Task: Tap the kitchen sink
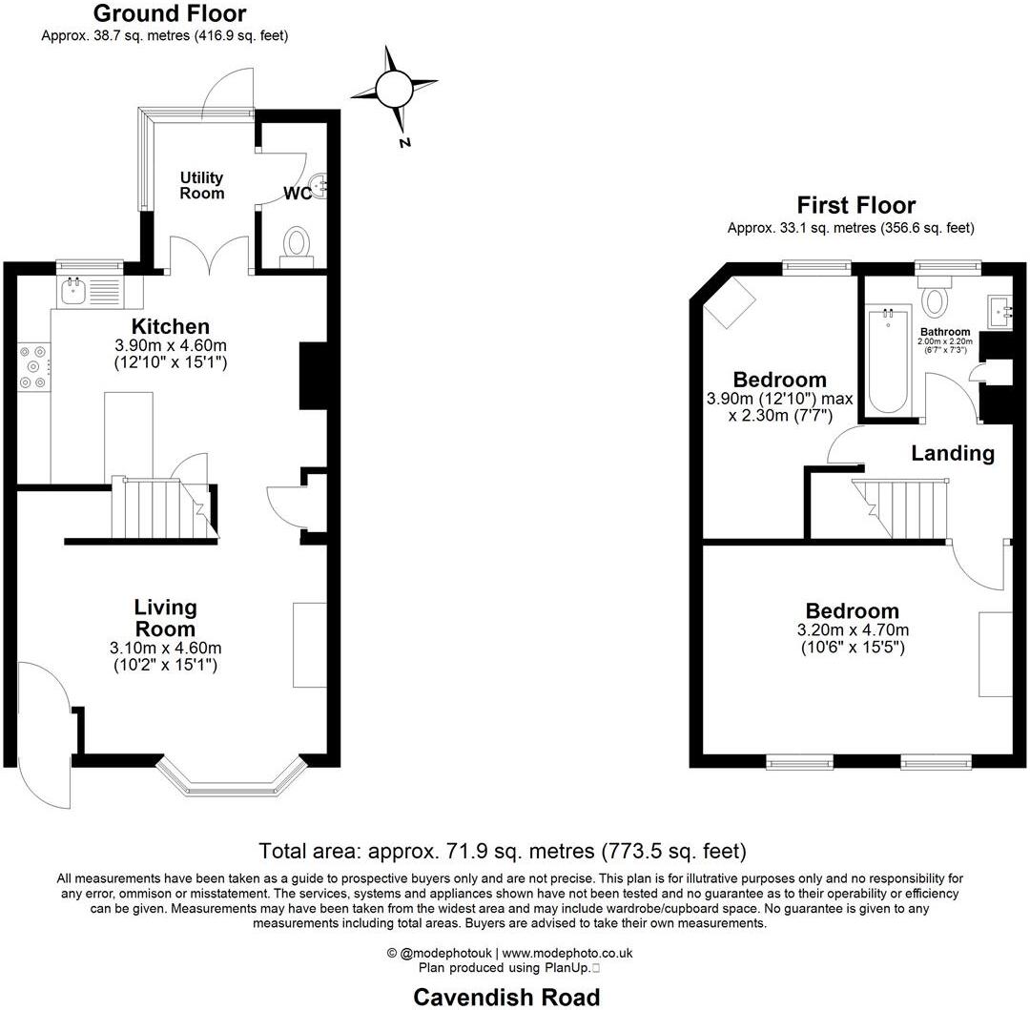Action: [73, 291]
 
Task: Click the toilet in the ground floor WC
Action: [298, 243]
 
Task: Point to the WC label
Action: [296, 193]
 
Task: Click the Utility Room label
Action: [202, 185]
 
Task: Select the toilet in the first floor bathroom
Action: [937, 298]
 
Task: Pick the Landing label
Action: [953, 453]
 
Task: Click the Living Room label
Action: [165, 618]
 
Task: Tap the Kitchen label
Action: [170, 327]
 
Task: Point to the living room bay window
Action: [231, 777]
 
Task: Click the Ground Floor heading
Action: [170, 13]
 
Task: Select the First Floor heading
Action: [855, 205]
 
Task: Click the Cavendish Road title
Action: [506, 997]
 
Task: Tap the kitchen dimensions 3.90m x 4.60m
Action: [170, 345]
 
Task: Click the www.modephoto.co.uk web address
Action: [567, 953]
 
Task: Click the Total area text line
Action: [503, 850]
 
